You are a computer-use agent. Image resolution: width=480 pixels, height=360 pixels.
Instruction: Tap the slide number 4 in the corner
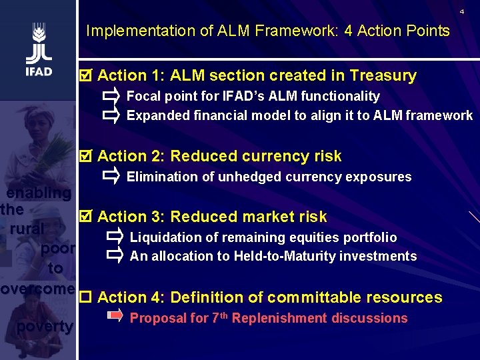point(461,12)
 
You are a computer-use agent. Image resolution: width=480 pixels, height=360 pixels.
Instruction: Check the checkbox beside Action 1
point(84,75)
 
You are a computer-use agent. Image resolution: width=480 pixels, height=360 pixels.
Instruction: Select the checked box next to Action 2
point(84,156)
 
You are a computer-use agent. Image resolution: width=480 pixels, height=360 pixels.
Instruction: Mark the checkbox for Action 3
point(84,217)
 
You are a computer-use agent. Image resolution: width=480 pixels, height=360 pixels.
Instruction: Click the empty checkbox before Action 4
point(85,297)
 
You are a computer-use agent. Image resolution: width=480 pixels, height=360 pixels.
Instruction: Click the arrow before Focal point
point(111,96)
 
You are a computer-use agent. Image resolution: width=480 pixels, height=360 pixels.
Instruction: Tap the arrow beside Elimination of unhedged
point(111,177)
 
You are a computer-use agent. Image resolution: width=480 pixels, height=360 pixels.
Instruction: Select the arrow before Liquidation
point(114,237)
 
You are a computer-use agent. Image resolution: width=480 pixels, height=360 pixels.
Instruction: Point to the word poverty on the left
point(45,327)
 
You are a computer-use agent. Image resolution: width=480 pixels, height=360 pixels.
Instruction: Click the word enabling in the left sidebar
point(39,193)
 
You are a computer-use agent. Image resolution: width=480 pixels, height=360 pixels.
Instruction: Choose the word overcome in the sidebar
point(37,289)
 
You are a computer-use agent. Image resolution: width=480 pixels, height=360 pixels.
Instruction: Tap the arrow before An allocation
point(114,256)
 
